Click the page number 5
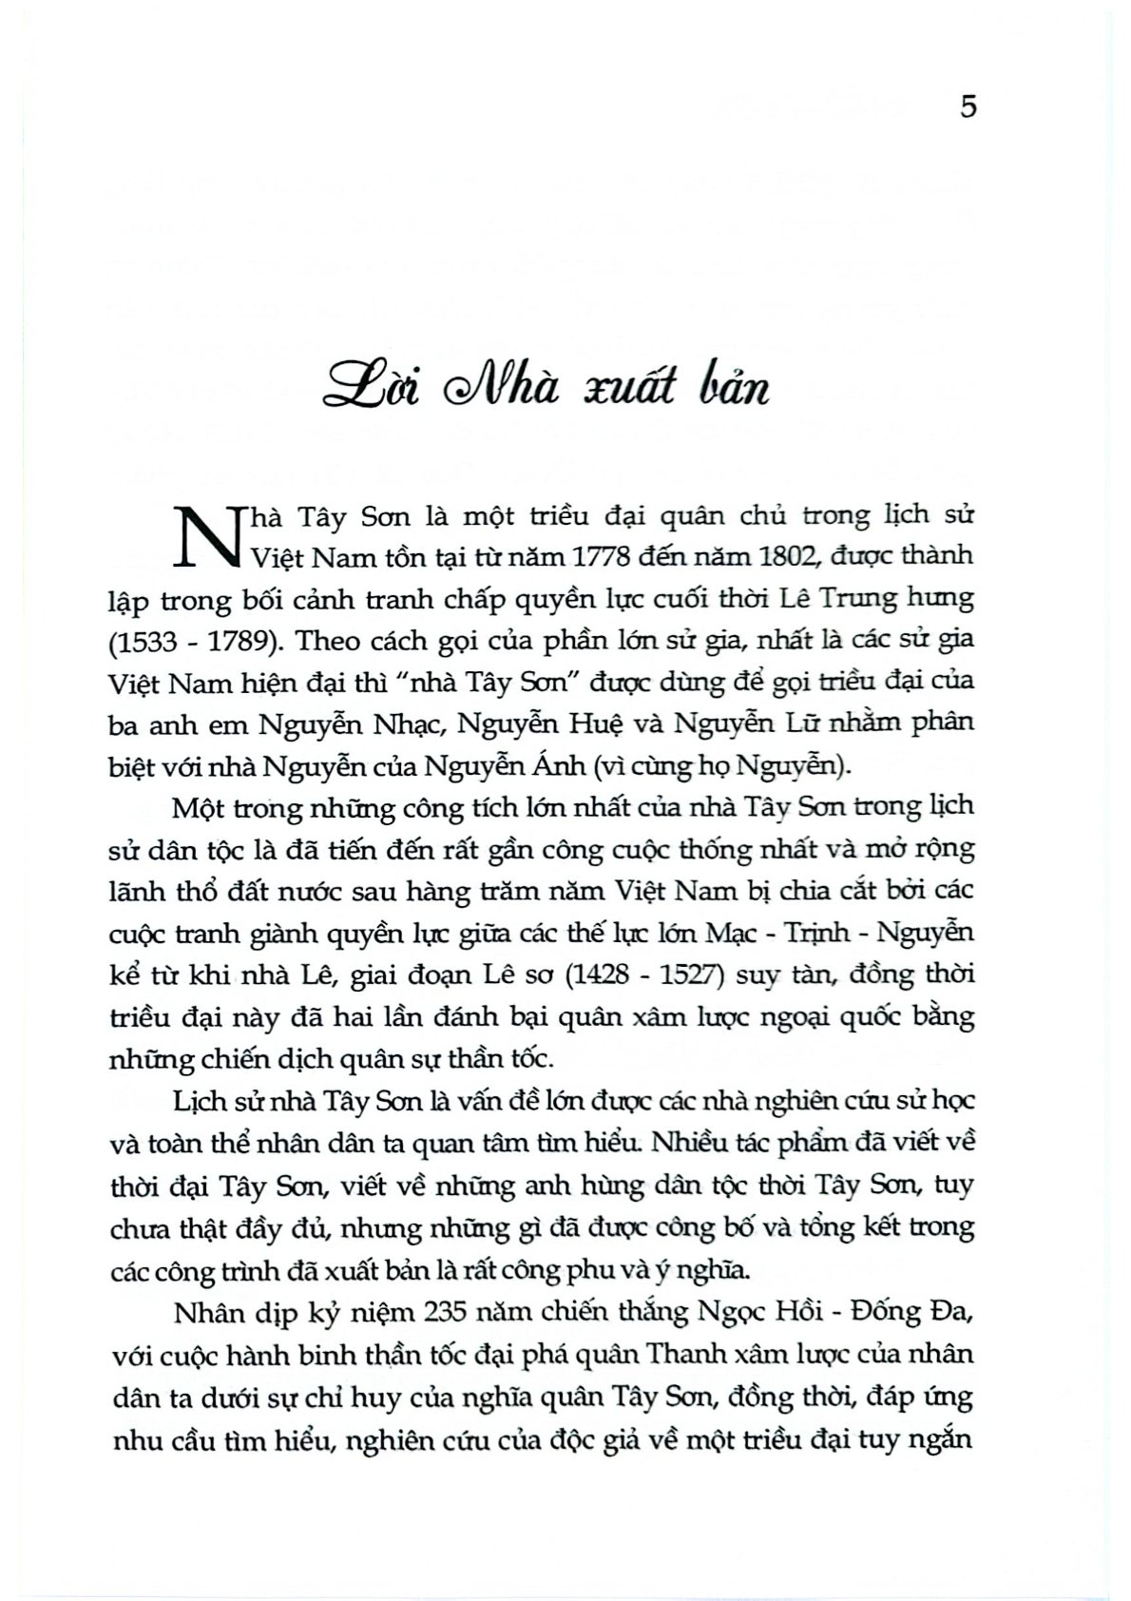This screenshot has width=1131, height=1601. pyautogui.click(x=968, y=106)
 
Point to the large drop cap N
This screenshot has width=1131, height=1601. pyautogui.click(x=207, y=538)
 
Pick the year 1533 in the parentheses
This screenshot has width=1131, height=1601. pyautogui.click(x=146, y=640)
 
